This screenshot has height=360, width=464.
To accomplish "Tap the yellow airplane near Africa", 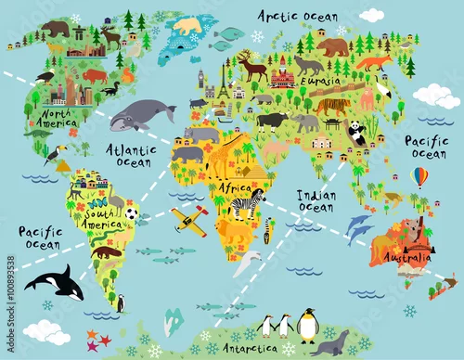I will (189, 220).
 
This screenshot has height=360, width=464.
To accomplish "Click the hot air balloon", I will (420, 177).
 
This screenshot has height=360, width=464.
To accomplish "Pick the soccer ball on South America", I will (131, 213).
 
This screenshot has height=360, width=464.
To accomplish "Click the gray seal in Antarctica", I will (331, 342).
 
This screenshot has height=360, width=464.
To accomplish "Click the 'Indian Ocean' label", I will (316, 201).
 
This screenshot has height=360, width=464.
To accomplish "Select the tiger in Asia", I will (331, 107).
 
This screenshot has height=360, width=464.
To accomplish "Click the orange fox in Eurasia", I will (375, 63).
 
